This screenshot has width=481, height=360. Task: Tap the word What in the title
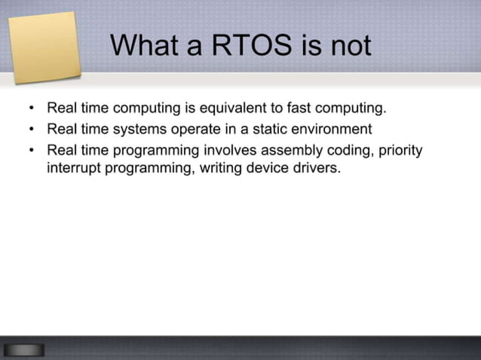coord(145,46)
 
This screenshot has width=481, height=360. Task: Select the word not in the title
coord(348,46)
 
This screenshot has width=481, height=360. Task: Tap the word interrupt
coord(74,167)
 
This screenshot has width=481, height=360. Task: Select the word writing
coord(224,167)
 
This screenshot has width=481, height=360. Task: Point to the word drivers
coord(317,167)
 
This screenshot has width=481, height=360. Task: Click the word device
coord(271,167)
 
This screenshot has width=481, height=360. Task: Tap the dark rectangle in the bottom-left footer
coord(23,349)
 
